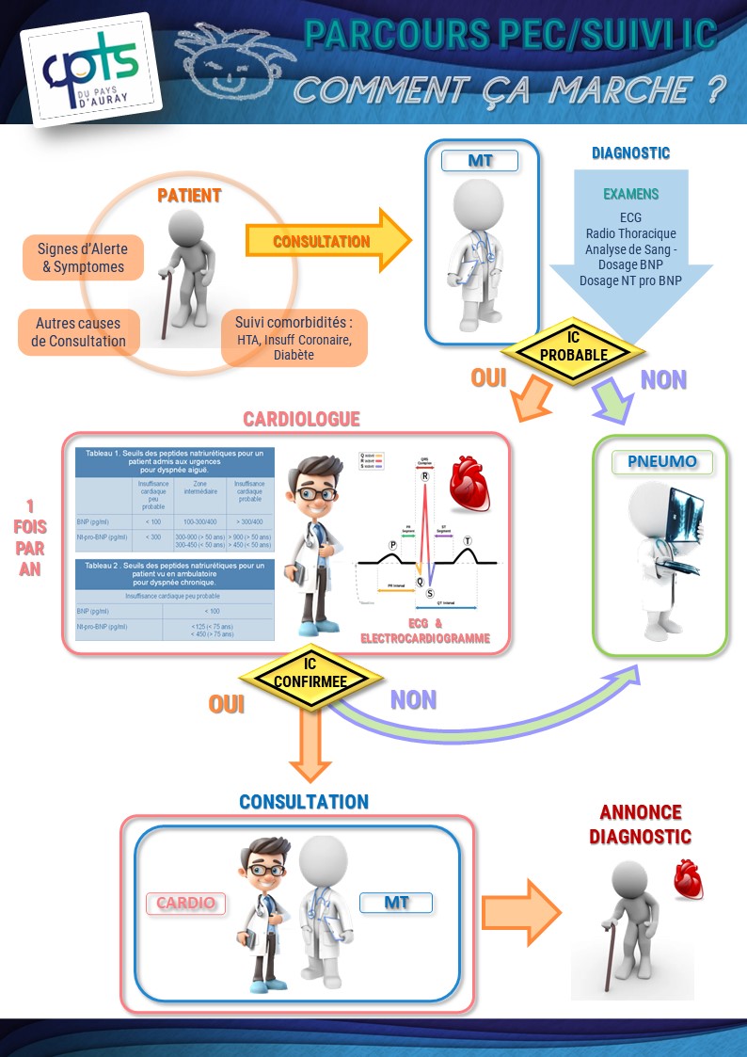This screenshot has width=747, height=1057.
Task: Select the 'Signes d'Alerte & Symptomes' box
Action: [82, 258]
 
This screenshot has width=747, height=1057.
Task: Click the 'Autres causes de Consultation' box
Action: [78, 331]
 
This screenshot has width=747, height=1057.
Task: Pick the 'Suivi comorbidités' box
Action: [293, 338]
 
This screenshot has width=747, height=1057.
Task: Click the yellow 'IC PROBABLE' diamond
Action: [573, 348]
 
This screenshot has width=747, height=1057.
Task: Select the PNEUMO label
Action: [661, 462]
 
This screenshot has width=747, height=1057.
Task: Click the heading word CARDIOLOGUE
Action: [301, 419]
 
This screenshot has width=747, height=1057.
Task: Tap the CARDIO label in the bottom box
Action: [185, 904]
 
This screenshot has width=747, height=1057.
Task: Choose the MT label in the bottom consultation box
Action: [396, 904]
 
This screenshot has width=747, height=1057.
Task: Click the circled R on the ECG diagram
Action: [425, 477]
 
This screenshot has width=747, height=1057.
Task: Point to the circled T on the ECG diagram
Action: [469, 541]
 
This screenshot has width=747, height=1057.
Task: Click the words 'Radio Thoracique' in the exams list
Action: [630, 233]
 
